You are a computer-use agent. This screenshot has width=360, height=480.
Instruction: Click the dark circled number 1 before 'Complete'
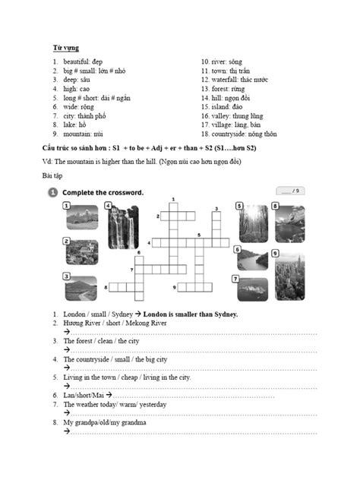point(52,193)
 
